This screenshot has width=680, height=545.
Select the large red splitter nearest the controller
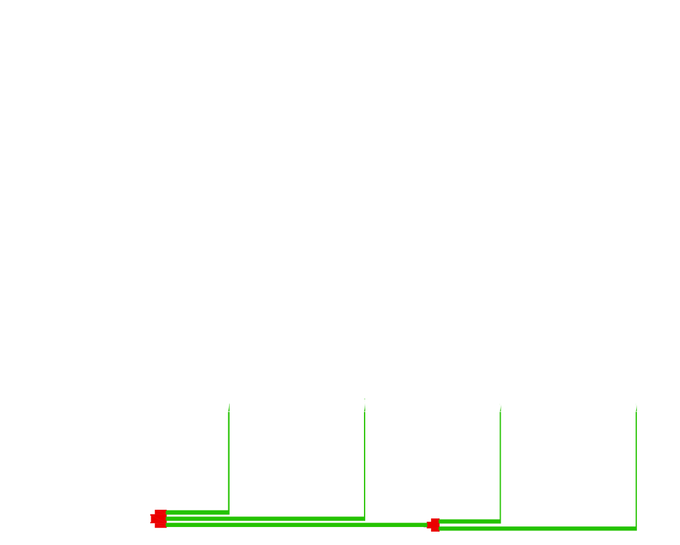(x=159, y=518)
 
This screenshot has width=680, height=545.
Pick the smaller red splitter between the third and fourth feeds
(x=434, y=524)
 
